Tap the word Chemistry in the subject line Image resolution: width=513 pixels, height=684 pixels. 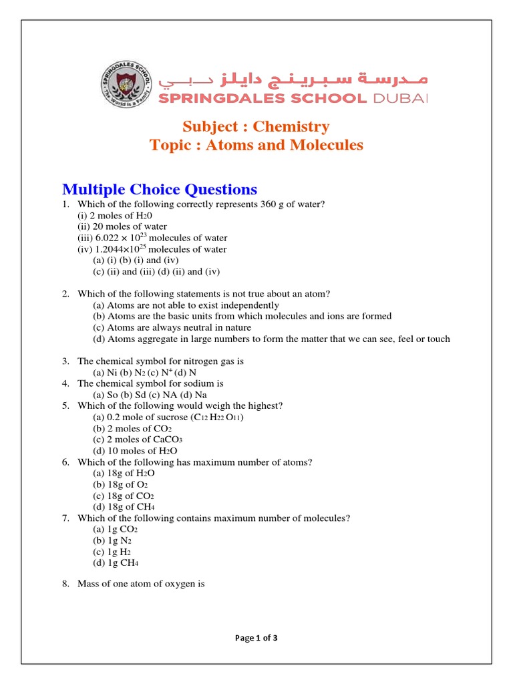(291, 126)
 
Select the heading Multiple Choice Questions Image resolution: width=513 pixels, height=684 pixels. (159, 189)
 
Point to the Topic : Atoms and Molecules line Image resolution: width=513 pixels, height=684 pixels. (256, 145)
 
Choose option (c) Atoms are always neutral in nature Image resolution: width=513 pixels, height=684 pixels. (172, 327)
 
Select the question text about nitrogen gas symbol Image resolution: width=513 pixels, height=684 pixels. (160, 361)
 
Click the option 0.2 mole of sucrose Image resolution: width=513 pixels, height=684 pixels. (169, 417)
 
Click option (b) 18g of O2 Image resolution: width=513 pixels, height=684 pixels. (120, 484)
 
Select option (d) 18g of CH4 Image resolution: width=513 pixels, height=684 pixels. (124, 507)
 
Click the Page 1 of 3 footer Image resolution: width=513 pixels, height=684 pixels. (256, 638)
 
